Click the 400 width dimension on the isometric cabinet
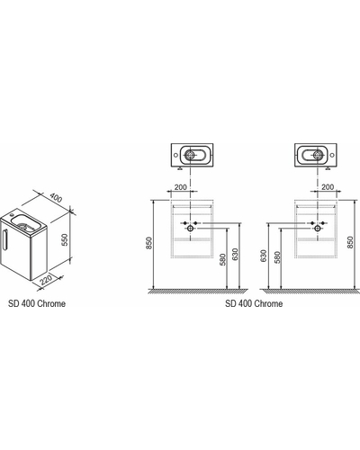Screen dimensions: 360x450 pyautogui.click(x=56, y=198)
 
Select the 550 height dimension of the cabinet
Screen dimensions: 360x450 pyautogui.click(x=65, y=239)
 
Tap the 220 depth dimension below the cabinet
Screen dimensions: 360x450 pyautogui.click(x=46, y=279)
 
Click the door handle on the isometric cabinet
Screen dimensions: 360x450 pyautogui.click(x=4, y=239)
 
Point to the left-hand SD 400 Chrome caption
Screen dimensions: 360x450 pyautogui.click(x=37, y=303)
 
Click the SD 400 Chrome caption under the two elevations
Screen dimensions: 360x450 pyautogui.click(x=254, y=303)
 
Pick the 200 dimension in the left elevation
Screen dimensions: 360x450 pyautogui.click(x=181, y=187)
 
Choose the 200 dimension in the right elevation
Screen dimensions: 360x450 pyautogui.click(x=328, y=187)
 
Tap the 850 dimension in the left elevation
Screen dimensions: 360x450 pyautogui.click(x=149, y=243)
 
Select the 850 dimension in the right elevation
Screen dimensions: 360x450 pyautogui.click(x=350, y=242)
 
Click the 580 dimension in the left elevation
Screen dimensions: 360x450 pyautogui.click(x=222, y=260)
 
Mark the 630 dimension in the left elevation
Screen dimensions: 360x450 pyautogui.click(x=235, y=255)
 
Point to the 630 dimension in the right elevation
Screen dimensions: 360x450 pyautogui.click(x=264, y=256)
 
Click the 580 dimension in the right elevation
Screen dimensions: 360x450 pyautogui.click(x=276, y=257)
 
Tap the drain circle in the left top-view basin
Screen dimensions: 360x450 pyautogui.click(x=190, y=155)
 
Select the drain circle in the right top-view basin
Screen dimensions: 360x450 pyautogui.click(x=318, y=155)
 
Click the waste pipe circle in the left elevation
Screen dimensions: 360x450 pyautogui.click(x=190, y=229)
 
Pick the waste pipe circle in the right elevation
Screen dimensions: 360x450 pyautogui.click(x=318, y=229)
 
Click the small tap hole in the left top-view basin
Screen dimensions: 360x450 pyautogui.click(x=175, y=155)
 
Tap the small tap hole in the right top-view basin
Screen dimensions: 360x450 pyautogui.click(x=332, y=155)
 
